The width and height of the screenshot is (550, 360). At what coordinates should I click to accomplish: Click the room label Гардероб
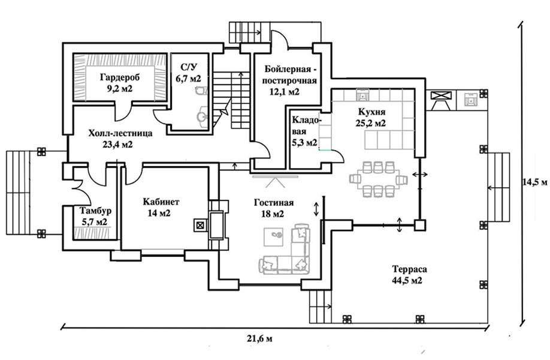click(120, 77)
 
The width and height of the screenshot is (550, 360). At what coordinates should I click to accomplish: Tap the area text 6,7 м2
click(189, 79)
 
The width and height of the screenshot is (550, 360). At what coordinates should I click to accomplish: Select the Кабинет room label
click(161, 202)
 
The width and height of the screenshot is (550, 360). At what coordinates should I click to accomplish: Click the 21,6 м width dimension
click(259, 338)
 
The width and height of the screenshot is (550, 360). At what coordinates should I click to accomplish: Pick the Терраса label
click(410, 269)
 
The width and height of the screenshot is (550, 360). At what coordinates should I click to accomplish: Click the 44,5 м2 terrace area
click(407, 281)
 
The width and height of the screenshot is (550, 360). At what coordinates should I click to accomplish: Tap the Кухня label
click(371, 112)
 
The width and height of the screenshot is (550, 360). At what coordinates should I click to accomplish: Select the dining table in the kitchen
click(378, 180)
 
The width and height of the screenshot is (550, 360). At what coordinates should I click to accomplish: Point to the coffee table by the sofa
click(273, 237)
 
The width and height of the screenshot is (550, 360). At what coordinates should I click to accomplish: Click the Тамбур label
click(95, 211)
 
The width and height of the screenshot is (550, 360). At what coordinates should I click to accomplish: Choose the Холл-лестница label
click(120, 133)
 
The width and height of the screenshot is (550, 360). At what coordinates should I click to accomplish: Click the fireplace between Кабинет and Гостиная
click(216, 225)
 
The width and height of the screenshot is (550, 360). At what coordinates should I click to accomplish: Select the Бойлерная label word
click(288, 68)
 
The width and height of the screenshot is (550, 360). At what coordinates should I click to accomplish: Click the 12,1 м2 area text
click(285, 92)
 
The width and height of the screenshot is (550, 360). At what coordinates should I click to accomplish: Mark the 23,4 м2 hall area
click(117, 145)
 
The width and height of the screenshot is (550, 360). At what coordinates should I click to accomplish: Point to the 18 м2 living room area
click(273, 214)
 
